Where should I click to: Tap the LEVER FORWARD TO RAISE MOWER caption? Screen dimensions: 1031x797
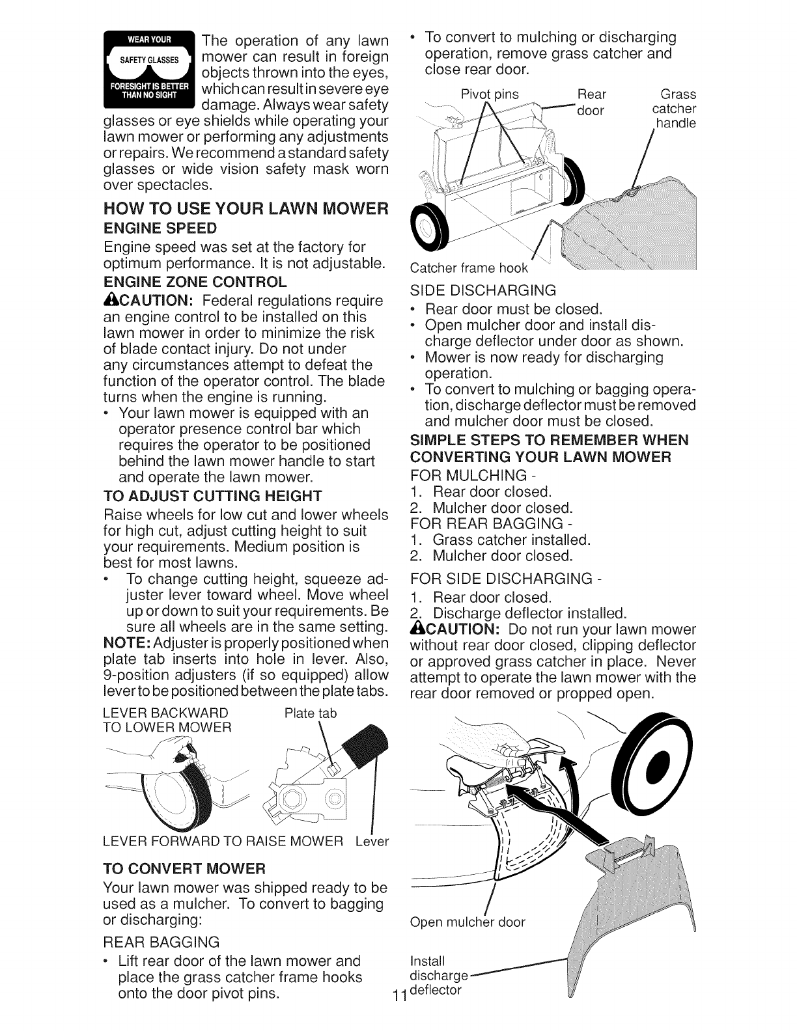tap(223, 842)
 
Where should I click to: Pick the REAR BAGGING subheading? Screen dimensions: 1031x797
tap(161, 942)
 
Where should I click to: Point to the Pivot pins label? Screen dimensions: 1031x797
tap(490, 94)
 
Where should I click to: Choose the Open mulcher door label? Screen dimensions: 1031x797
tap(467, 922)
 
